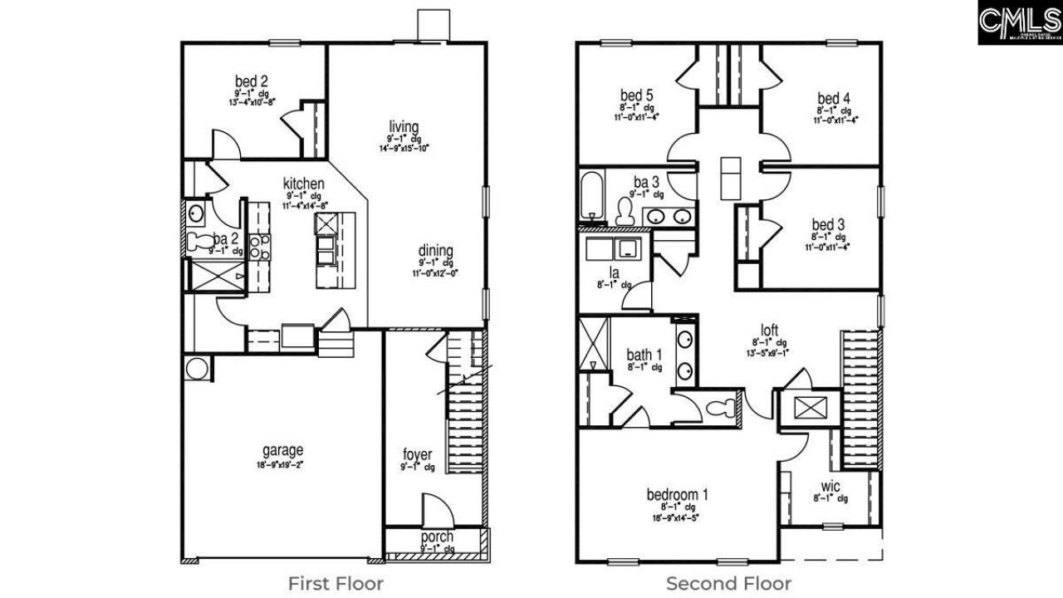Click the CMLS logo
(x=1020, y=22)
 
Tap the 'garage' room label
(x=283, y=451)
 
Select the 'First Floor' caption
(x=336, y=583)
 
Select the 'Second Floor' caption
(x=728, y=583)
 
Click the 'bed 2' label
(x=251, y=81)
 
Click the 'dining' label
(x=435, y=250)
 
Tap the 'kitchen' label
(x=303, y=184)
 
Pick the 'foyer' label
(x=417, y=454)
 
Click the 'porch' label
(x=436, y=537)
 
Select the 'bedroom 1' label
(x=677, y=495)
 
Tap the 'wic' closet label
(x=830, y=485)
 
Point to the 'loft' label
(x=770, y=329)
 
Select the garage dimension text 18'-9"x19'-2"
(x=283, y=465)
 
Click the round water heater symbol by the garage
(x=198, y=368)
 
